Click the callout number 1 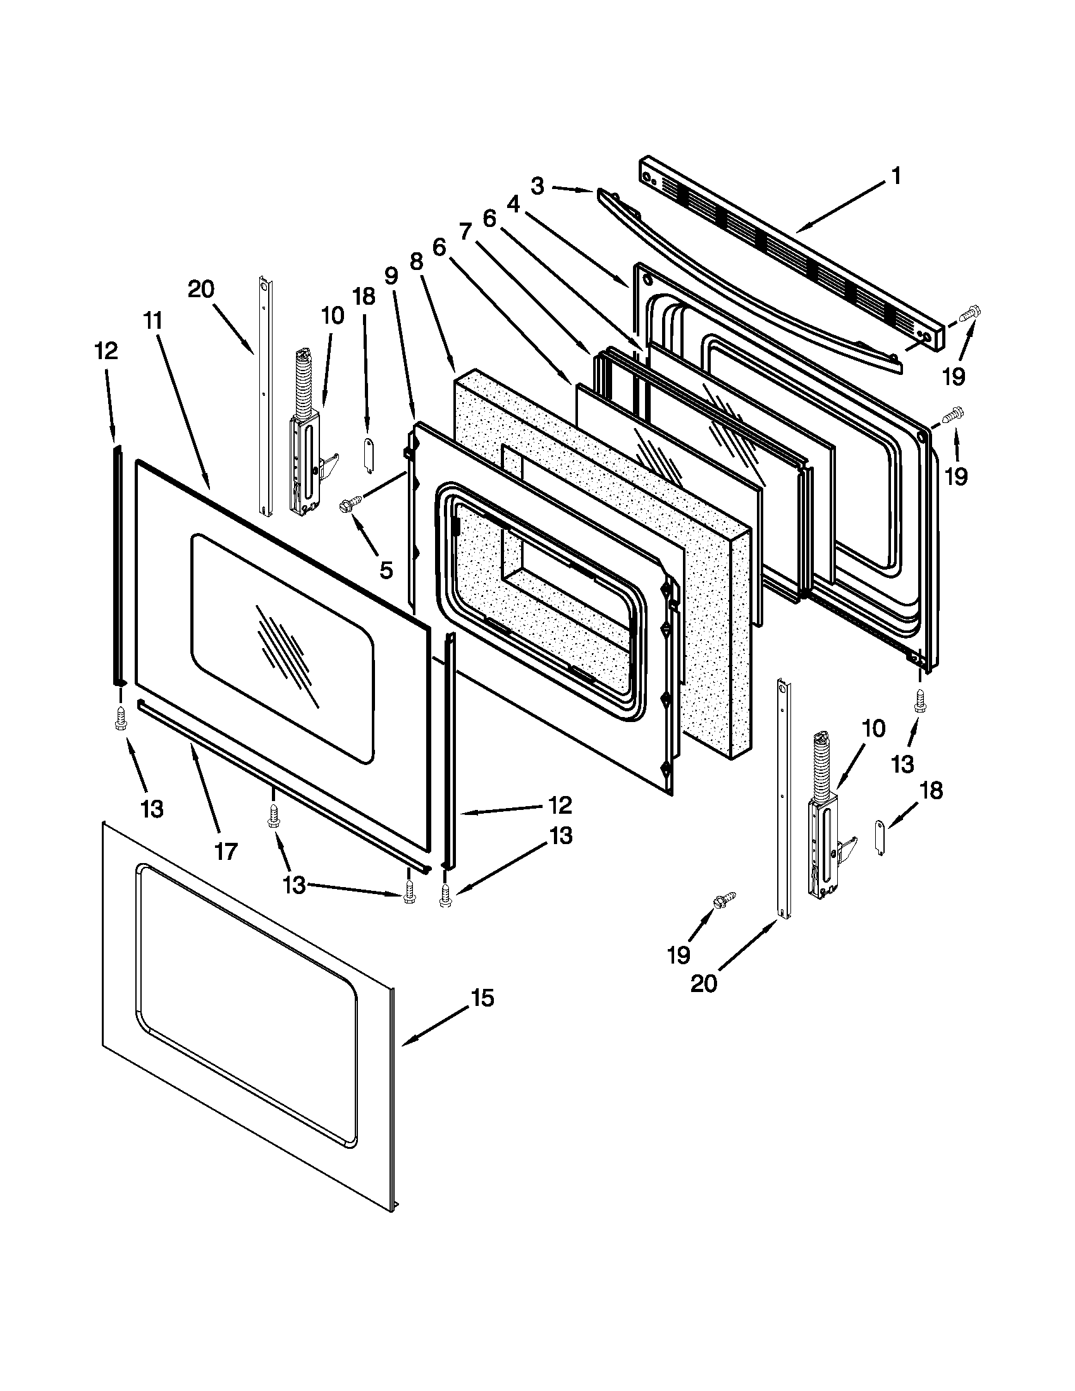pos(896,175)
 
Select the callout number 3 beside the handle pos(537,187)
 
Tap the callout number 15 pos(482,997)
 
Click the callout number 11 pos(153,321)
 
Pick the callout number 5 pos(386,570)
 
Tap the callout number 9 pos(391,276)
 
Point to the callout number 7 pos(465,232)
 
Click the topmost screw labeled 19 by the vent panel pos(970,313)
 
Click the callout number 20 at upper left pos(200,290)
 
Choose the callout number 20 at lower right pos(704,983)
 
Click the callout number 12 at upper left pos(106,351)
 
